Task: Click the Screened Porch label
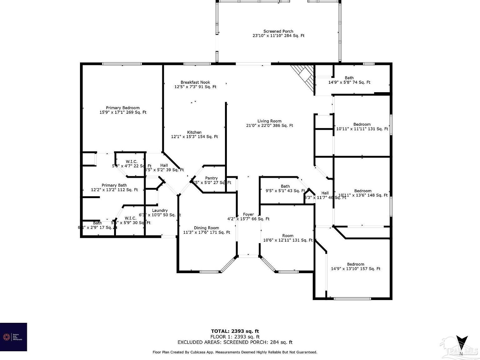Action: point(278,31)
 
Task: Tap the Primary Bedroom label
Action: point(122,108)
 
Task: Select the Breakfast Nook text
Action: point(195,82)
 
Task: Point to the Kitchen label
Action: point(194,132)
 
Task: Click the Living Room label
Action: point(269,121)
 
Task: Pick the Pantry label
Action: point(211,178)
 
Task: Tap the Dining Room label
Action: point(206,228)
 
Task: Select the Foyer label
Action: point(248,214)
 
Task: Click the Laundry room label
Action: point(160,210)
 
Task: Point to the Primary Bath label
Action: point(114,185)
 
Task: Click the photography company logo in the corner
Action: point(13,337)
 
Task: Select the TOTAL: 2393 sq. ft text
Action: point(235,331)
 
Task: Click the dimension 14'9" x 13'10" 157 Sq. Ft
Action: point(355,269)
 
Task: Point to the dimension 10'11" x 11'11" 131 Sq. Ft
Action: point(362,129)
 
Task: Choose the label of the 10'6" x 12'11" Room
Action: point(288,236)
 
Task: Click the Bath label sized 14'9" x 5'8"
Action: point(349,78)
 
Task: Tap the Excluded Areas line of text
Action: point(235,342)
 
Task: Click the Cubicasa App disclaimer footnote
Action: point(235,352)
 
